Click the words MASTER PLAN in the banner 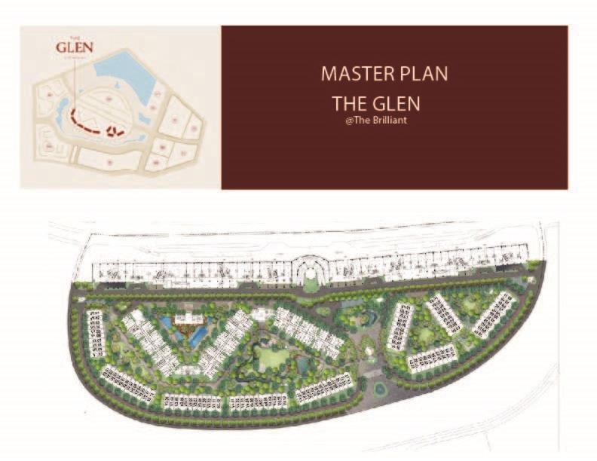point(384,74)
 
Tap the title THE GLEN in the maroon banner point(376,103)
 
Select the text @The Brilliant point(375,121)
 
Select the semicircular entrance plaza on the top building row point(311,270)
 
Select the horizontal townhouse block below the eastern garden point(432,359)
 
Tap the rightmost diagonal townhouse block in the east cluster point(494,313)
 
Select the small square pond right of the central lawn point(304,365)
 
